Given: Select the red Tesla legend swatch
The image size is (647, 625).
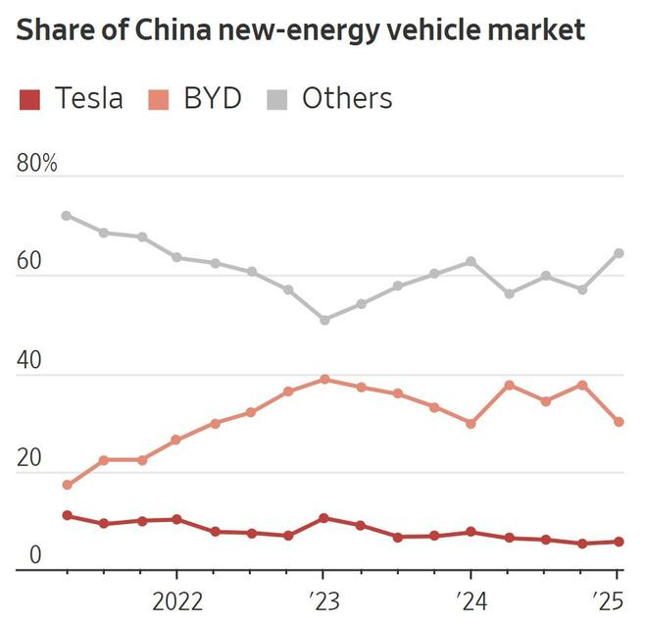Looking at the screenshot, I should [x=30, y=99].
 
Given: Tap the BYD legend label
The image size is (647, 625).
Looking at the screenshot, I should [x=211, y=99].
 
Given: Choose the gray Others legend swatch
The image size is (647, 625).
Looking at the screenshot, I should [x=276, y=99].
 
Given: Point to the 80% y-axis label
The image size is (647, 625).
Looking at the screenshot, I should [x=37, y=164].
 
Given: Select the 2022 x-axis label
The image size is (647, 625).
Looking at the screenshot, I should [x=177, y=599].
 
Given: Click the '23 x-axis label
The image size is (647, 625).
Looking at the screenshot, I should [x=323, y=599].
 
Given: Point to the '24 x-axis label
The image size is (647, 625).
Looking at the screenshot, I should [x=471, y=599].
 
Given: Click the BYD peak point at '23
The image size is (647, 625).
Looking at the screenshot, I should [x=323, y=379].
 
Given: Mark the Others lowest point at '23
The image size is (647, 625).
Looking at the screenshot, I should [x=323, y=320].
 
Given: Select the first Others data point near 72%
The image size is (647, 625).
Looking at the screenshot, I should [x=67, y=216].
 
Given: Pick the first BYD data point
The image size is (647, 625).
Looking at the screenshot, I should [x=67, y=485].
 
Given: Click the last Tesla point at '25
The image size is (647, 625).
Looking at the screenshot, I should [x=619, y=542].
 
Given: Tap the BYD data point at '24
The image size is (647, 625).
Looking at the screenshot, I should [x=471, y=424].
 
